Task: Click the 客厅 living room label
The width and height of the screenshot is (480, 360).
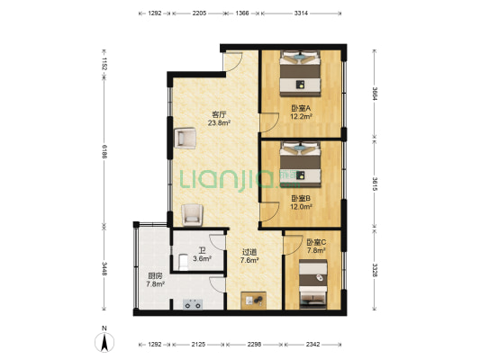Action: click(x=219, y=115)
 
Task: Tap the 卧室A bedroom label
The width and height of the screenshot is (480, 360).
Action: click(x=301, y=108)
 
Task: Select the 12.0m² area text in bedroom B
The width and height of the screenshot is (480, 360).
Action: click(x=301, y=206)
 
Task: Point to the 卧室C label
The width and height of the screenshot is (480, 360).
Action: click(x=316, y=242)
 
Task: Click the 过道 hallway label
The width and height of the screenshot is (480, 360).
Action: click(x=249, y=252)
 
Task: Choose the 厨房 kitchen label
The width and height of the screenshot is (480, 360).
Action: click(x=155, y=276)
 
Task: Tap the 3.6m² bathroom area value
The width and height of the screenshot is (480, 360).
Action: click(x=203, y=259)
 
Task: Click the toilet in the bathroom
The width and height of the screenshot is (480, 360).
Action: click(x=183, y=263)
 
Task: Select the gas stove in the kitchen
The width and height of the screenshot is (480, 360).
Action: click(x=193, y=304)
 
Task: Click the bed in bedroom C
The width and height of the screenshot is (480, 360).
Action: click(x=313, y=283)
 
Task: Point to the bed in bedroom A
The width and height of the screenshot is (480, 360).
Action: click(x=300, y=74)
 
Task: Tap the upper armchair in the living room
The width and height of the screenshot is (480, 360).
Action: click(x=185, y=139)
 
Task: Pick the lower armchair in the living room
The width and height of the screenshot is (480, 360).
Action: click(x=192, y=215)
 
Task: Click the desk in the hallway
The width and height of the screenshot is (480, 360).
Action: click(x=253, y=301)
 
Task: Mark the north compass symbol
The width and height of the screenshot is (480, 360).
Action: click(x=104, y=341)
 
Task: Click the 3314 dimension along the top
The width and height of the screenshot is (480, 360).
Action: click(x=301, y=13)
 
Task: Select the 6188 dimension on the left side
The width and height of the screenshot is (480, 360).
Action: click(x=104, y=151)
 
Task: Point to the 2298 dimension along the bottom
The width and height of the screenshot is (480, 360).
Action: click(x=254, y=344)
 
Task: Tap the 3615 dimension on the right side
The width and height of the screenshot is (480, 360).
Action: click(x=375, y=184)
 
